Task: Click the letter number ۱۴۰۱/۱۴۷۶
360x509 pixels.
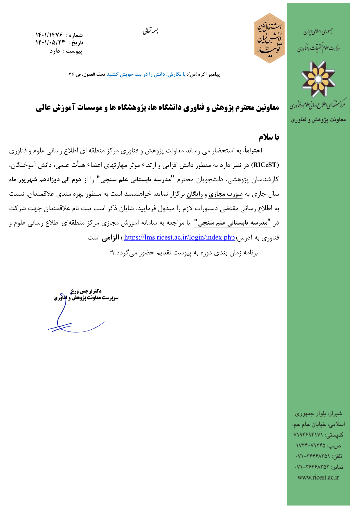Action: coord(49,35)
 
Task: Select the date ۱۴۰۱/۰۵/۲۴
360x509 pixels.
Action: coord(50,43)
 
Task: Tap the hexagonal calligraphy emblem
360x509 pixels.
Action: coord(269,38)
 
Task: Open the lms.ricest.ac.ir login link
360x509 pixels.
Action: coord(179,237)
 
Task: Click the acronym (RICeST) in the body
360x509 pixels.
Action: coord(264,165)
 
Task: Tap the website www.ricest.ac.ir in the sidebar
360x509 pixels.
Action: coord(318,477)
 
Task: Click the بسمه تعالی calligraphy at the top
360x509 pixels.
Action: coord(150,31)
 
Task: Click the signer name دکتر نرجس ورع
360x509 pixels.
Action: coord(86,291)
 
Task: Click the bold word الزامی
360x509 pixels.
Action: coord(110,238)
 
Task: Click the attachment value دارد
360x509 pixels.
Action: coord(55,51)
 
